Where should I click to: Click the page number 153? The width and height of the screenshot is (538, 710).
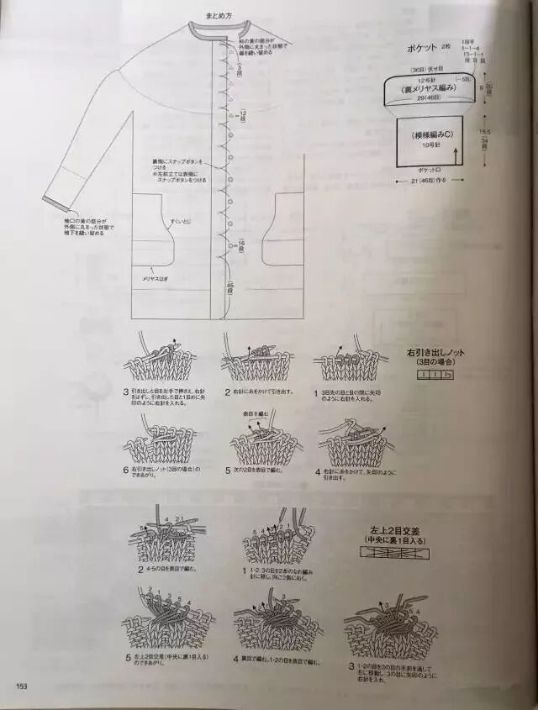[x=22, y=686]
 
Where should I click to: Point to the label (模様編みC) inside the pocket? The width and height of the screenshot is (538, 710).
[x=432, y=135]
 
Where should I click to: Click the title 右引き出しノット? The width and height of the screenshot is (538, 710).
[x=435, y=354]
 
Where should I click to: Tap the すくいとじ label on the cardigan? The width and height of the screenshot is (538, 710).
[x=181, y=220]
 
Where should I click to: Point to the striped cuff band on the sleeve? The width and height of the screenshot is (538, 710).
[x=57, y=201]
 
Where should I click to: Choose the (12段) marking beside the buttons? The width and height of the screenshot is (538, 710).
[x=241, y=113]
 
